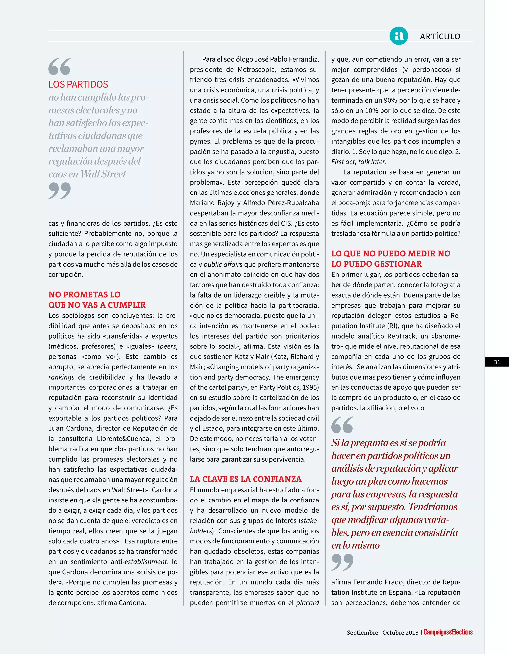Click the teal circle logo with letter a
click(398, 36)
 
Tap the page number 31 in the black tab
click(497, 362)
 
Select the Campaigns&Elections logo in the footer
click(448, 632)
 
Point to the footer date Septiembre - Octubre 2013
click(382, 632)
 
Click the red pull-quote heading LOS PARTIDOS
click(78, 84)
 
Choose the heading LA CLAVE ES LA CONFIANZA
click(246, 479)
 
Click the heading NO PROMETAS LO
click(85, 294)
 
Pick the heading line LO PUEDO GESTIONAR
click(376, 264)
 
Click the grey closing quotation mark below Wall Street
click(60, 191)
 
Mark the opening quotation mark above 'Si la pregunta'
click(342, 425)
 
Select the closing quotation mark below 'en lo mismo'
click(342, 562)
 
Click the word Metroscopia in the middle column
click(256, 70)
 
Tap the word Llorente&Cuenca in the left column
click(124, 439)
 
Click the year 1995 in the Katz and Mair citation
click(310, 387)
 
